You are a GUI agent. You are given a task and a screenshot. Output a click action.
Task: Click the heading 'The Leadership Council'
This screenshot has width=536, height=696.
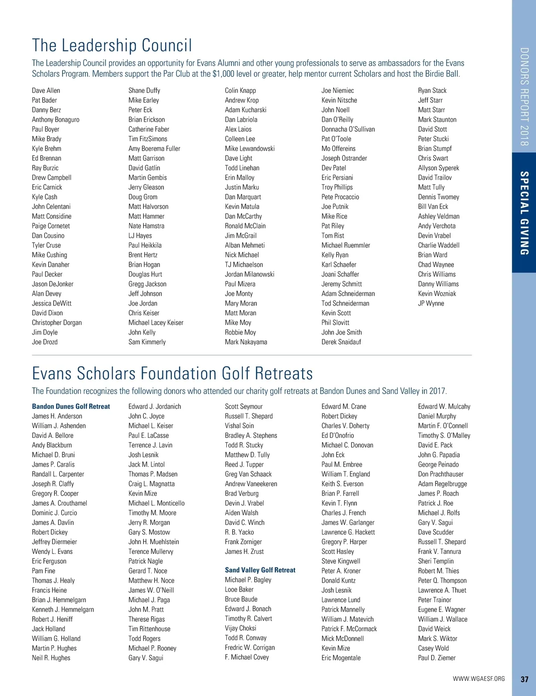click(112, 46)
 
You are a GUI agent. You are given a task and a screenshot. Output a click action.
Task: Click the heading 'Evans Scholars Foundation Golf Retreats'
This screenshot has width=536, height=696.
click(172, 373)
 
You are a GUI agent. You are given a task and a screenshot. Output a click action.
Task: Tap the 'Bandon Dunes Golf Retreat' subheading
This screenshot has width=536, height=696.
click(71, 407)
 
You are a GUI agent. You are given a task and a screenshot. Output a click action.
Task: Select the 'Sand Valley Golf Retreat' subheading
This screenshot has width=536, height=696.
click(260, 570)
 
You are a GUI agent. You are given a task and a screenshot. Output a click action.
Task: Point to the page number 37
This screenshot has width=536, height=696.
click(524, 679)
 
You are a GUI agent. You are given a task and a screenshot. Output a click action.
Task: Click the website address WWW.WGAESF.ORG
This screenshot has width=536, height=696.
click(478, 679)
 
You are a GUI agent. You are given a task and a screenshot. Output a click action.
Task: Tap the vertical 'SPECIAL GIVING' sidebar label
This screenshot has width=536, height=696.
click(524, 213)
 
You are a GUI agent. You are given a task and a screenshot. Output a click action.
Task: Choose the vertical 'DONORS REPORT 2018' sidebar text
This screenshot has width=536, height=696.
click(524, 96)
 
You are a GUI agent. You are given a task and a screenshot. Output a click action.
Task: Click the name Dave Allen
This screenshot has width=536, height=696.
click(46, 91)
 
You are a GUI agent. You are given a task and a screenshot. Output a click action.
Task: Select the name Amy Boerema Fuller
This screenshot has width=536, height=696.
click(154, 149)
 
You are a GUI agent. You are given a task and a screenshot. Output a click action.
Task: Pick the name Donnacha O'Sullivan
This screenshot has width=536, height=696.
click(348, 130)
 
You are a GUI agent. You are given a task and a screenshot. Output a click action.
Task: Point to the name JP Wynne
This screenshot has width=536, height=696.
click(431, 303)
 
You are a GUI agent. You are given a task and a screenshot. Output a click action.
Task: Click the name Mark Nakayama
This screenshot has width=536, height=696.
click(246, 342)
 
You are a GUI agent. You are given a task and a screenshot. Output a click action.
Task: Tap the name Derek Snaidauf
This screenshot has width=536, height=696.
click(341, 342)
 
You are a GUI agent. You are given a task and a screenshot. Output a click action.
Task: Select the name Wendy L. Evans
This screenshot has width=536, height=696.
click(52, 552)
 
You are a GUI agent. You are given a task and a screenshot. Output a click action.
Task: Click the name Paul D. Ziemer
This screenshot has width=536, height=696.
click(436, 658)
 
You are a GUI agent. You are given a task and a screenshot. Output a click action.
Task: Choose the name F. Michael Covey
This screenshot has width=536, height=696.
click(247, 657)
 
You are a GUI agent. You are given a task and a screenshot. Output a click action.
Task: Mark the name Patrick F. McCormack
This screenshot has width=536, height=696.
click(349, 629)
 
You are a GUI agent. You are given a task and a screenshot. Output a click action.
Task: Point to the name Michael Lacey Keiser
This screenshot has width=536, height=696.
click(156, 323)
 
